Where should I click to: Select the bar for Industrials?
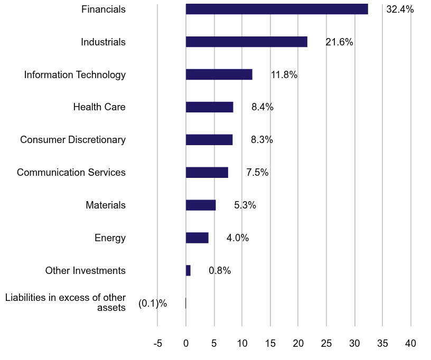[246, 42]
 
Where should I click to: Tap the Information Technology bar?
[219, 74]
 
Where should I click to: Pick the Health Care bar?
[209, 107]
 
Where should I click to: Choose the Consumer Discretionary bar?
[209, 140]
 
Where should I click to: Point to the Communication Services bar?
[207, 173]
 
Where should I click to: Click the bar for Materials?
[201, 205]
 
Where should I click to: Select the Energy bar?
[197, 238]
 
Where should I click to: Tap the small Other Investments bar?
[188, 271]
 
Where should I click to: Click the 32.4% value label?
[400, 10]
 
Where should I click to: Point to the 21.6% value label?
[339, 42]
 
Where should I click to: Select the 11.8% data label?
[284, 75]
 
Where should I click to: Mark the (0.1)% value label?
[153, 304]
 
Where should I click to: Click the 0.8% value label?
[220, 271]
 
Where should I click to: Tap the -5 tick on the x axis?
[157, 344]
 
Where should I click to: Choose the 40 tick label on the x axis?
[410, 344]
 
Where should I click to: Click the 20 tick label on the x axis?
[298, 344]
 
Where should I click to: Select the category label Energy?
[110, 238]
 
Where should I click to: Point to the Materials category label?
[106, 205]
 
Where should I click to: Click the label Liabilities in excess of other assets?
[65, 303]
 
